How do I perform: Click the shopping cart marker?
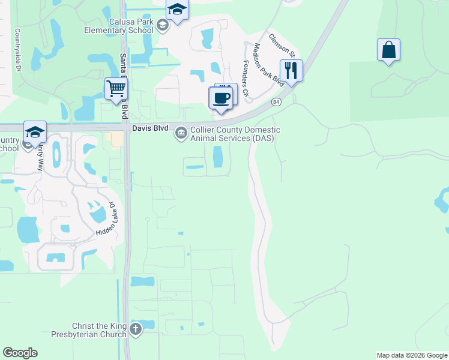(116, 89)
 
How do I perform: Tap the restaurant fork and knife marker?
(291, 70)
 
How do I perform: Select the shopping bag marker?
(388, 50)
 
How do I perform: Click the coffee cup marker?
(221, 98)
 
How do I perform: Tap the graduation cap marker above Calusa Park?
(177, 10)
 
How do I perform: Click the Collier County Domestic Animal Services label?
(235, 134)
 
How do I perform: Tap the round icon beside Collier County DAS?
(181, 133)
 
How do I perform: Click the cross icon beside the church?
(136, 329)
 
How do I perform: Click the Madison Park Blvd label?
(268, 62)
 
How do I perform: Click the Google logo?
(20, 353)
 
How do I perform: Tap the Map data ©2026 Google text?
(411, 355)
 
